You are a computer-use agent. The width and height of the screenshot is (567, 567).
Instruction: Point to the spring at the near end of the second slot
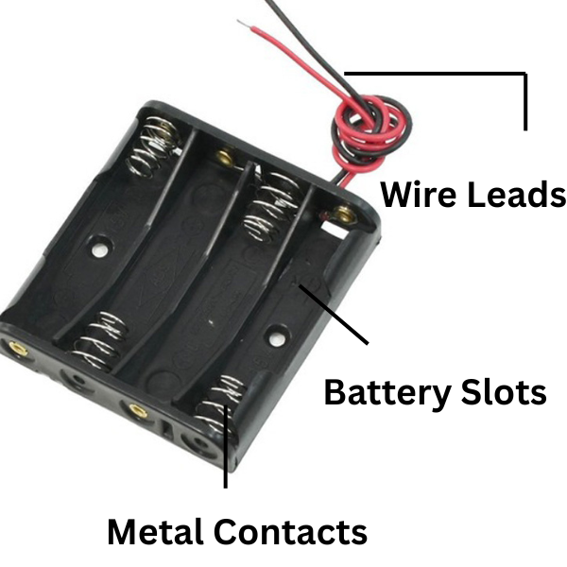(x=102, y=340)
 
